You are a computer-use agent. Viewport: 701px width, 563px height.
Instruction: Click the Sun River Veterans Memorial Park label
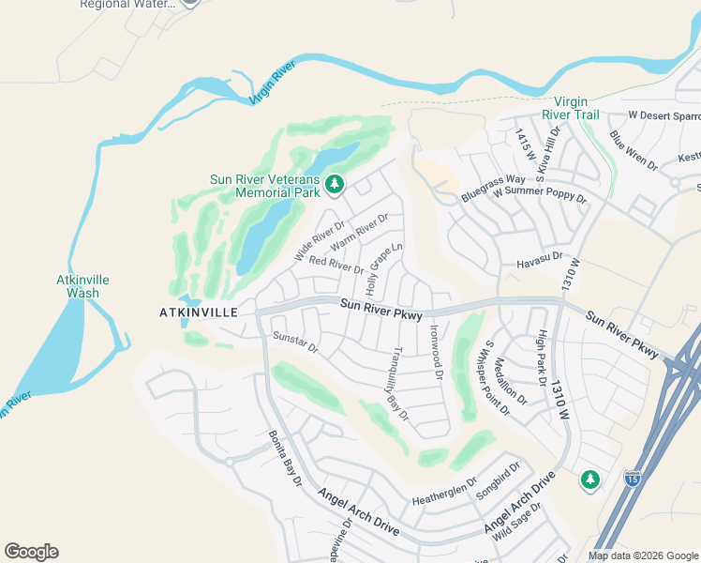coord(263,185)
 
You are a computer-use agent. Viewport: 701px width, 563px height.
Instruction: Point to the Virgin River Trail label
coord(575,109)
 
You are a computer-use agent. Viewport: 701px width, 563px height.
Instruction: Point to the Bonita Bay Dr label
coord(285,458)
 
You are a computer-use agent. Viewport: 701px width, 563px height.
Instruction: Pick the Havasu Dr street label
coord(539,256)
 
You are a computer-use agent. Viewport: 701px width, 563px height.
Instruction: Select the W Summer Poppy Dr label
coord(540,195)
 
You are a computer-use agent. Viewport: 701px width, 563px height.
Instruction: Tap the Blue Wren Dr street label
coord(634,150)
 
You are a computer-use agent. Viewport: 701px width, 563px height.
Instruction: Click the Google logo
coord(31,552)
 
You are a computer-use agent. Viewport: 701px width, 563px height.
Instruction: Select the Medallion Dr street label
coord(514,381)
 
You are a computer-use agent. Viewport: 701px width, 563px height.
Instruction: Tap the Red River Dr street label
coord(336,266)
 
